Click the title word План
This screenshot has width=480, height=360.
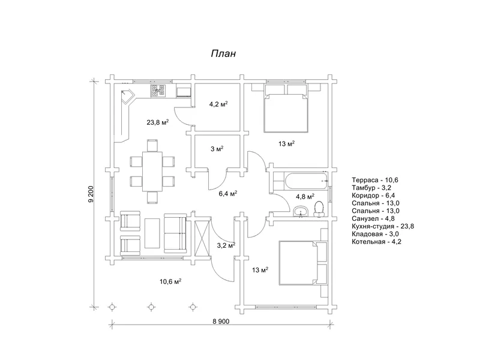coord(223,53)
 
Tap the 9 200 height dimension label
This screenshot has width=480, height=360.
coord(91,194)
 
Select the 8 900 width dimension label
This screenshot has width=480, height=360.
coord(221,321)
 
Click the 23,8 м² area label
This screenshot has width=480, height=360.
coord(158,122)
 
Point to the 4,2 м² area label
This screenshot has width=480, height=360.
coord(218,104)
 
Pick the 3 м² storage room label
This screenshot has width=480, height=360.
coord(217,149)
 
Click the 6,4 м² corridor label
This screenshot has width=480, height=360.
coord(228,193)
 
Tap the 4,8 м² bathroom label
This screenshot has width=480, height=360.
coord(305,196)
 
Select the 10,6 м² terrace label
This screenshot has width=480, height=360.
coord(170,281)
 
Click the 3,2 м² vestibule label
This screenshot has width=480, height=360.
coord(226,245)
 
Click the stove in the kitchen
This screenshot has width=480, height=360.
coord(158,91)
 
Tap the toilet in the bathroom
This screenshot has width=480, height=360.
coord(319,209)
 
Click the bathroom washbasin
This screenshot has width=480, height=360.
coord(301,212)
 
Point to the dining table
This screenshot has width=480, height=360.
coord(152,171)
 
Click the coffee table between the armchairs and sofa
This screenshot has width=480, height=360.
coord(152,233)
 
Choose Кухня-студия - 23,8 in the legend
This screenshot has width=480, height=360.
coord(383,226)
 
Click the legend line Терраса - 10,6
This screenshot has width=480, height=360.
coord(374,180)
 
